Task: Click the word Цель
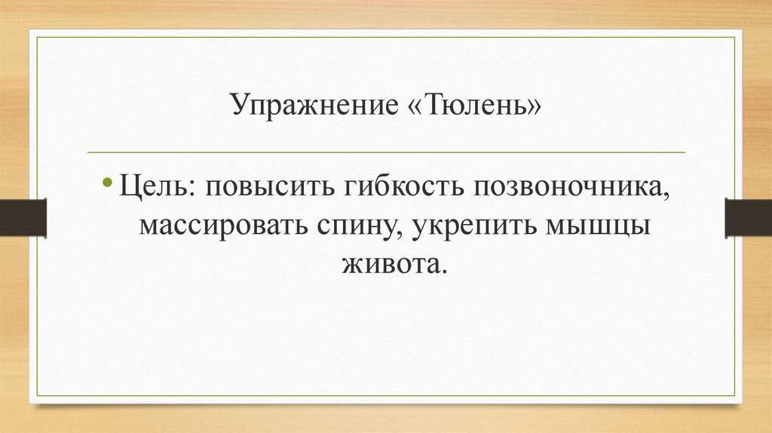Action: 152,186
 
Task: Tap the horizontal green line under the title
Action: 386,152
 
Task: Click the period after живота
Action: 434,271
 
